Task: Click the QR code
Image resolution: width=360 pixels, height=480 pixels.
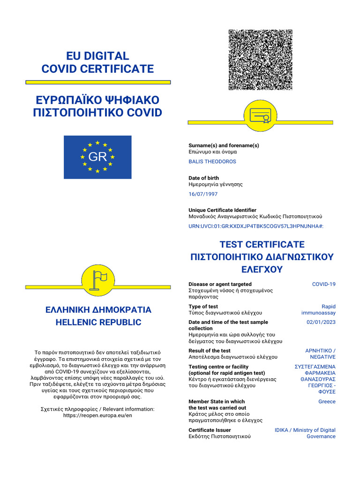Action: pos(260,60)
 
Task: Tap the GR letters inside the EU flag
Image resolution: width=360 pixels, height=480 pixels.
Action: pos(97,157)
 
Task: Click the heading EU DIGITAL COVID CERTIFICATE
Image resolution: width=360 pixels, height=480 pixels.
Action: pos(97,63)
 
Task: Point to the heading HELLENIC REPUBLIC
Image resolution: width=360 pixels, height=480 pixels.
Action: pos(98,322)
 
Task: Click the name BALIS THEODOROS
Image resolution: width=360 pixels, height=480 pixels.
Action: pos(212,162)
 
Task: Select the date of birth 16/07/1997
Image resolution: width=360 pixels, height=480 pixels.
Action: pos(203,194)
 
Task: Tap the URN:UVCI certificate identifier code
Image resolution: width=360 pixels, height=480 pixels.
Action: pos(255,226)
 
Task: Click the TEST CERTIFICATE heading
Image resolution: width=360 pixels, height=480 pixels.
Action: pos(262,245)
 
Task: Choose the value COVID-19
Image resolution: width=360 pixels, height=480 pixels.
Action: pos(324,285)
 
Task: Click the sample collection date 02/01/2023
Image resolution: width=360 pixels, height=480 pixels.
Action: pos(321,322)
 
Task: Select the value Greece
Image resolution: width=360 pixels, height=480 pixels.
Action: pos(327,402)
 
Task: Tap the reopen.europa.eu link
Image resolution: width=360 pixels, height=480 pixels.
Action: pos(97,415)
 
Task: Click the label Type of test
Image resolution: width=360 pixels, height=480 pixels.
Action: pos(203,307)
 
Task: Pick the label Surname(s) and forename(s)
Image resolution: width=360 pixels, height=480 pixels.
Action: pos(224,145)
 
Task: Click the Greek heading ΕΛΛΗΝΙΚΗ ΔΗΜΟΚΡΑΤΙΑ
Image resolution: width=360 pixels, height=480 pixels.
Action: pos(98,310)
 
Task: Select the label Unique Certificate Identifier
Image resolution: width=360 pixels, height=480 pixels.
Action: pos(222,210)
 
